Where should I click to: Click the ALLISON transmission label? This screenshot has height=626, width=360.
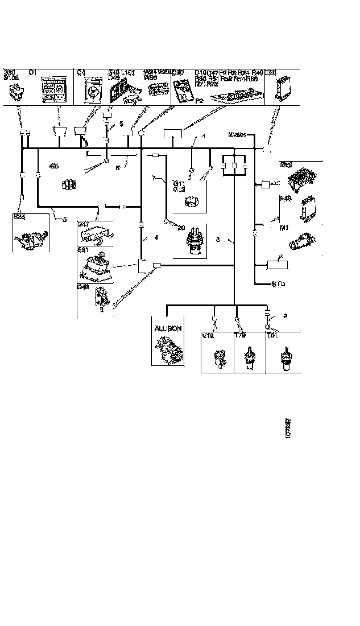pos(168,328)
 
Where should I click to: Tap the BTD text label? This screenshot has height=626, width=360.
pos(279,283)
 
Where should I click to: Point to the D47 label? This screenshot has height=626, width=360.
pos(84,225)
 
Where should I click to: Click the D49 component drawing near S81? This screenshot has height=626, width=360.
pos(101,298)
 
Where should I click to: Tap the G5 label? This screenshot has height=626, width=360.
pos(54,166)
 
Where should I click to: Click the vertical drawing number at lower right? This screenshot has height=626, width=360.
pos(288,427)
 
